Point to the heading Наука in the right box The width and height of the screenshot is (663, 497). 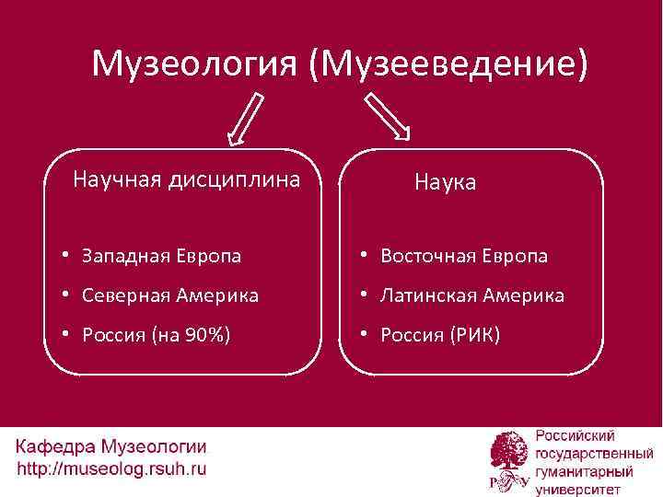tap(445, 182)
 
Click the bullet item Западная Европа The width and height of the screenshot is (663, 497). tap(161, 256)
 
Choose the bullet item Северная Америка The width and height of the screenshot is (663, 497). tap(169, 295)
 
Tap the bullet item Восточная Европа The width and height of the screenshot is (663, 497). tap(464, 256)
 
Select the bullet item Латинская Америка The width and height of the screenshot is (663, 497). tap(471, 295)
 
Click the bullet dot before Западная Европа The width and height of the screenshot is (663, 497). tap(67, 255)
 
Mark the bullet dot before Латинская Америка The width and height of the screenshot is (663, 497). tap(366, 295)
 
